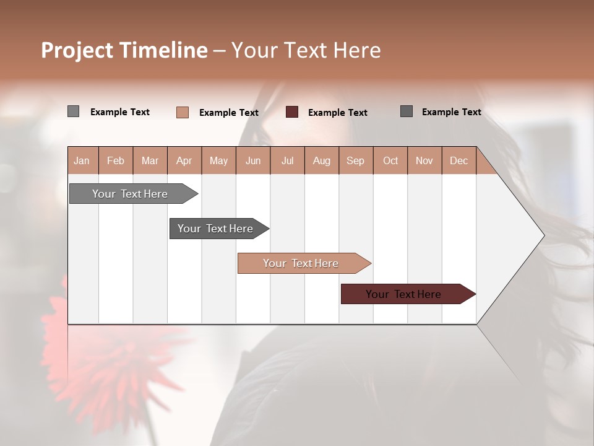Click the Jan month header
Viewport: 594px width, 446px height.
[82, 160]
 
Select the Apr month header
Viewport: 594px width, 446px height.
[184, 160]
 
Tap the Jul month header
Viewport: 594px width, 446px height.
[287, 160]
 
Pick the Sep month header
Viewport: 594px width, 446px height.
[355, 160]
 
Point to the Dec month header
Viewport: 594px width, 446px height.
[458, 160]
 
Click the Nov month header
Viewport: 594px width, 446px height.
[424, 160]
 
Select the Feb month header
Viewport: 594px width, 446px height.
[116, 160]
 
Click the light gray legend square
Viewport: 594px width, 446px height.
[73, 111]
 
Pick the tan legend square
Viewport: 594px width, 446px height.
[182, 112]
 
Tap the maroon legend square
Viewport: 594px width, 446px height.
[292, 111]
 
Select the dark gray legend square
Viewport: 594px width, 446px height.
[407, 111]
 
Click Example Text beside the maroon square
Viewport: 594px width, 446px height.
[338, 113]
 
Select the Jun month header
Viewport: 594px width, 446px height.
[253, 160]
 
